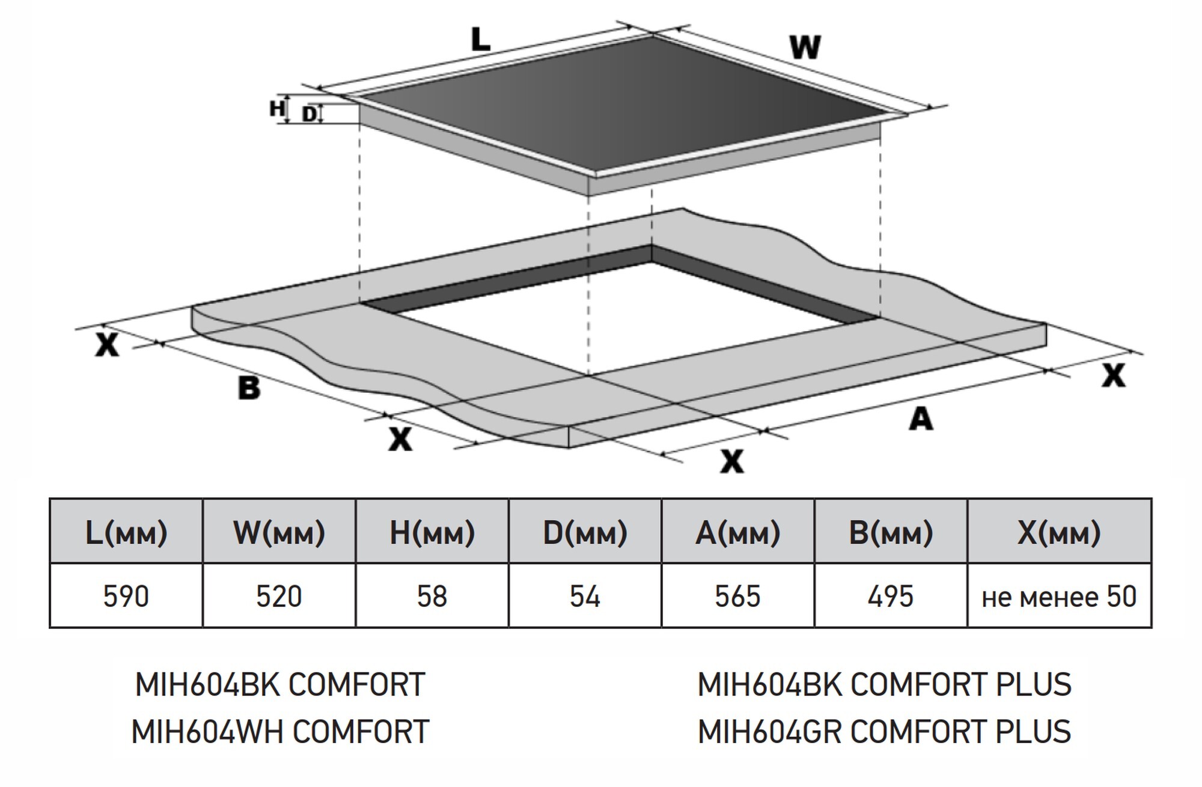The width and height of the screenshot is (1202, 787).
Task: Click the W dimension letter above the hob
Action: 805,47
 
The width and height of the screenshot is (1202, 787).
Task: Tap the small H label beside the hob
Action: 276,109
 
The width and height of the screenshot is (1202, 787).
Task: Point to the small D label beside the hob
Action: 309,114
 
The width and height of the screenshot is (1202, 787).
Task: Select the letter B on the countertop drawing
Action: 249,387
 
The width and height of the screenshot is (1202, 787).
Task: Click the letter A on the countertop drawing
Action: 921,419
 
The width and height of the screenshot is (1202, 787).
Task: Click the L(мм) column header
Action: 126,532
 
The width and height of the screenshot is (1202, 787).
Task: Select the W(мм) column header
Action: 279,532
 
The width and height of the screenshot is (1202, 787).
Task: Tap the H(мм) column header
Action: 432,532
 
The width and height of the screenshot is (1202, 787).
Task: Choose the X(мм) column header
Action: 1059,532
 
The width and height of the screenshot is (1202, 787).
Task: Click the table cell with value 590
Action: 126,597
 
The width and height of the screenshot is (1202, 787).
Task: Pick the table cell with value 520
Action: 279,597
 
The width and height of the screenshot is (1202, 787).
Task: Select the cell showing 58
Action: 432,597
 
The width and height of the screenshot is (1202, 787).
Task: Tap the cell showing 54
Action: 585,597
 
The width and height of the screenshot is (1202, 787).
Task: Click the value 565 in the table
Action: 737,597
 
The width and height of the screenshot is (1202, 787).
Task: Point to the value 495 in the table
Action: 891,597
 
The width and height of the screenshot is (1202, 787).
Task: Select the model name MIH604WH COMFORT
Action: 280,732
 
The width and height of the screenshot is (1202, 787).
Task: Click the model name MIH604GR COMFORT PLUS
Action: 884,732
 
